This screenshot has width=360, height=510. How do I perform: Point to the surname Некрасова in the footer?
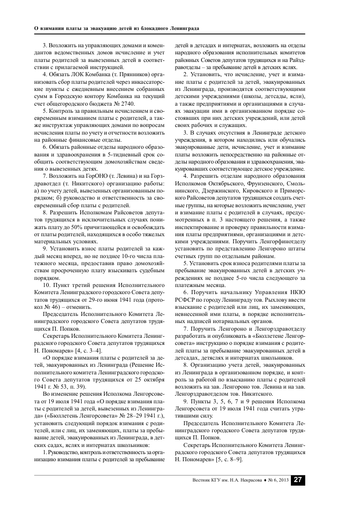tap(255, 480)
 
